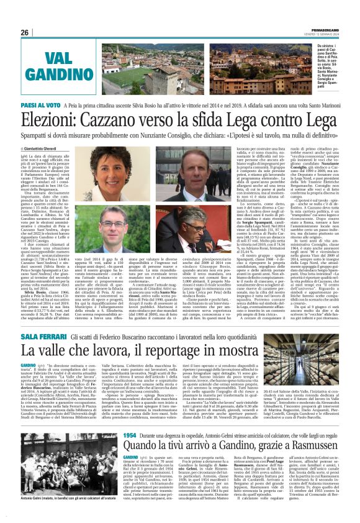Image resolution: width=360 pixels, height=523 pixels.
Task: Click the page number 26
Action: tap(25, 32)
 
